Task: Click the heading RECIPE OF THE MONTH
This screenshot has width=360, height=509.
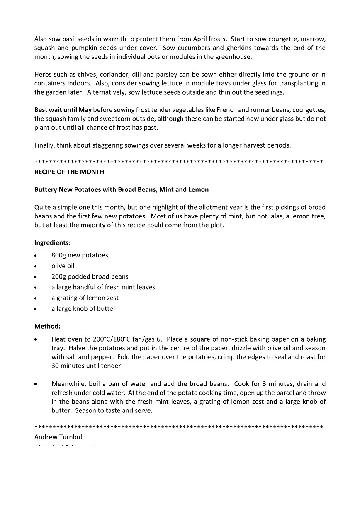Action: coord(69,172)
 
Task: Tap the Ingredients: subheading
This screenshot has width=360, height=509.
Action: coord(52,242)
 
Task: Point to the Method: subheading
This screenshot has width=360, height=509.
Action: coord(47,326)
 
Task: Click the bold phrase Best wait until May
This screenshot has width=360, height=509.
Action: coord(63,110)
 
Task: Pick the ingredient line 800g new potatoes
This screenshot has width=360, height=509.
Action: coord(80,255)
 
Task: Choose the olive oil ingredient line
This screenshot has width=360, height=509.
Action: coord(63,266)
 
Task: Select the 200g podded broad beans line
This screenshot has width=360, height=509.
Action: coord(90,276)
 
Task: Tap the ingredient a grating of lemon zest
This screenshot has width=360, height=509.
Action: coord(85,298)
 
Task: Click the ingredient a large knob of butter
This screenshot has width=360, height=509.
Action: coord(83,308)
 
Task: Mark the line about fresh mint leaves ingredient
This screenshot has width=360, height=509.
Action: coord(103,287)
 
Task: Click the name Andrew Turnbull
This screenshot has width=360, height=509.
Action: coord(59,437)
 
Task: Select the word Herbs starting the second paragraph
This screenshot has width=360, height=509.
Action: coord(43,75)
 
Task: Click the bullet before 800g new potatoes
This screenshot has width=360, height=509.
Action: coord(36,256)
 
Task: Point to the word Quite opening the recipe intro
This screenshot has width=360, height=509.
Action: coord(43,207)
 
